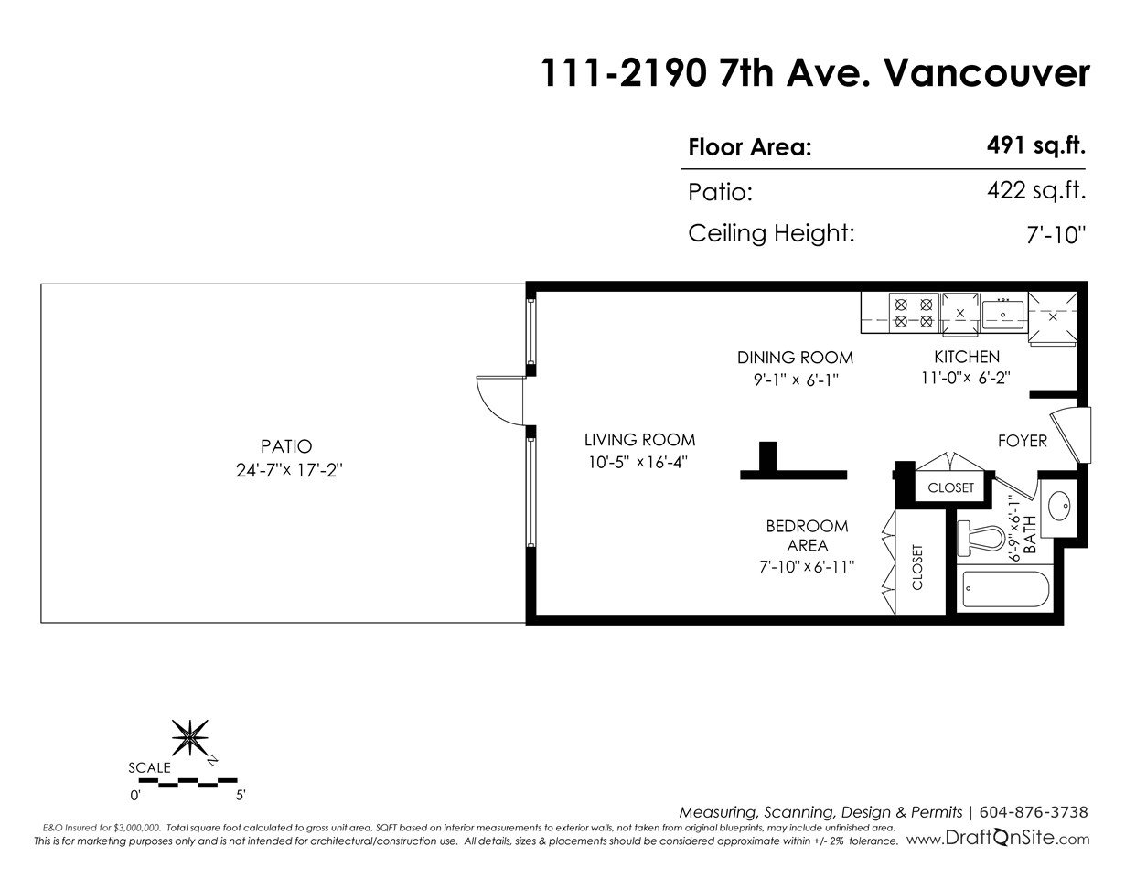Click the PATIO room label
click(286, 447)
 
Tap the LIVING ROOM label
click(640, 440)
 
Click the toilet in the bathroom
click(981, 538)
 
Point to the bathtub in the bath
click(1005, 590)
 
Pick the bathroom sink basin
click(1059, 506)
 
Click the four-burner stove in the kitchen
click(914, 313)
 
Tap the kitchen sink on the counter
click(1002, 315)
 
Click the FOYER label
click(1023, 441)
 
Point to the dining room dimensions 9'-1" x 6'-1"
click(796, 380)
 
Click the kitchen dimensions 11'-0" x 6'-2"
click(966, 378)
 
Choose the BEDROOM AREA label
click(807, 536)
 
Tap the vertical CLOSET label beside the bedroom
click(917, 567)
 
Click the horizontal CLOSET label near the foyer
click(950, 487)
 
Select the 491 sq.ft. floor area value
click(1035, 145)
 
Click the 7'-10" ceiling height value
click(1056, 235)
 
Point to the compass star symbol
click(190, 738)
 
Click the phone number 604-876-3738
click(1034, 812)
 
